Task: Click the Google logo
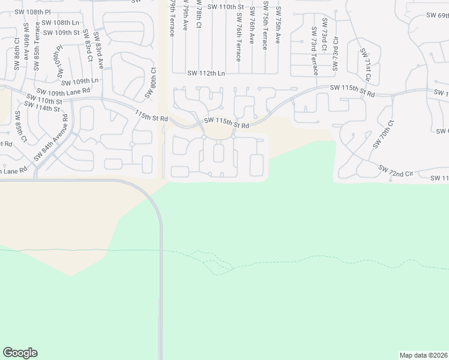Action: [x=20, y=353]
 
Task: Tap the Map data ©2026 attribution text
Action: [x=424, y=355]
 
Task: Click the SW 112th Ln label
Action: [x=206, y=73]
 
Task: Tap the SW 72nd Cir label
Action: [x=397, y=170]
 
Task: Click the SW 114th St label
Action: [x=40, y=108]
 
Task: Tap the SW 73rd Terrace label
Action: [x=314, y=51]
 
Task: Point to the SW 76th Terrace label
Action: [x=238, y=37]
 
